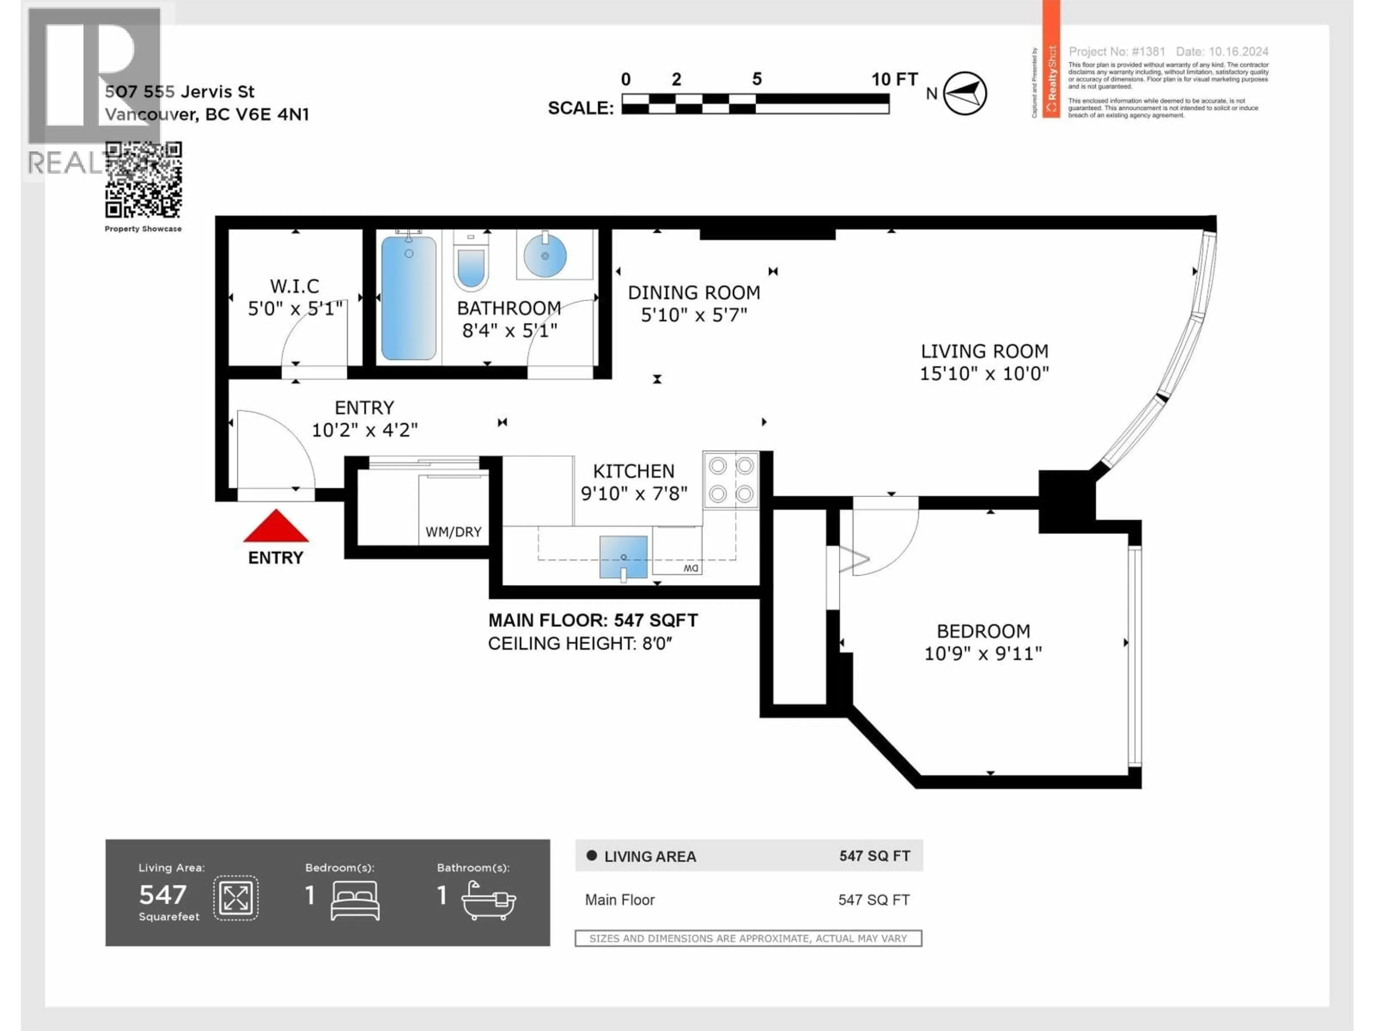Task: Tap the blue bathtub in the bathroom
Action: (408, 298)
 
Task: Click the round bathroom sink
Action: (545, 255)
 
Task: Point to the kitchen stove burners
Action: (731, 480)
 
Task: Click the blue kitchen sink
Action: (623, 556)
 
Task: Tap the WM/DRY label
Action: (453, 532)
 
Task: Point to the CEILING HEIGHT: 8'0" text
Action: (580, 644)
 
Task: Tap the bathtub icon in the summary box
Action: (488, 900)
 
